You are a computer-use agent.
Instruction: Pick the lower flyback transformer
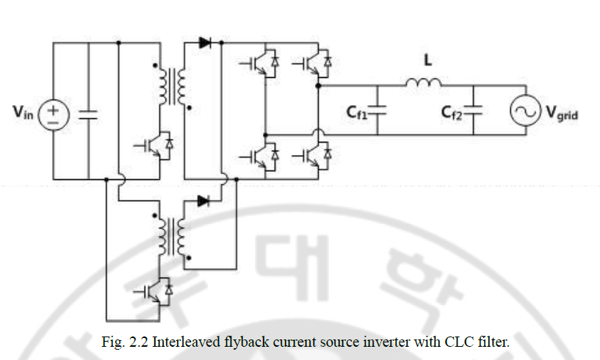click(168, 237)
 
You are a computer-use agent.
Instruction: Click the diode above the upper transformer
click(205, 43)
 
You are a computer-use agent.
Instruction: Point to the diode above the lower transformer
click(205, 201)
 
